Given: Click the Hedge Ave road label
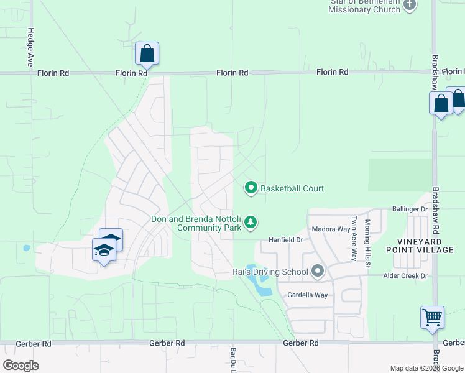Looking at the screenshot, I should click(29, 47).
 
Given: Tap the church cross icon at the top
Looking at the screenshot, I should click(409, 6).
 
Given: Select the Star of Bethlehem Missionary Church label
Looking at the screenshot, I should click(364, 6).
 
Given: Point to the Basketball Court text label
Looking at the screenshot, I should click(292, 188).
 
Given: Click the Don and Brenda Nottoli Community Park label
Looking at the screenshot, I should click(196, 224).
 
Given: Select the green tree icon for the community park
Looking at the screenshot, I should click(251, 222).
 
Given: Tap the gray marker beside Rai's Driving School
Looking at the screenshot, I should click(318, 271).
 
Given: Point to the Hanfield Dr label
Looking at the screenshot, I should click(285, 239).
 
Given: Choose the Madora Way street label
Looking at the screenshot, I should click(331, 229).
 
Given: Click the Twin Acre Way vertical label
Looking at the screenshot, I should click(354, 237).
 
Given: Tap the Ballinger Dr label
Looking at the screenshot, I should click(410, 210).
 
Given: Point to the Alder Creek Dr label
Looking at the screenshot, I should click(406, 275).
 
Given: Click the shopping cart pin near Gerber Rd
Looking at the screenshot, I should click(432, 318).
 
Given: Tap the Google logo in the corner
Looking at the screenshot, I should click(21, 366).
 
